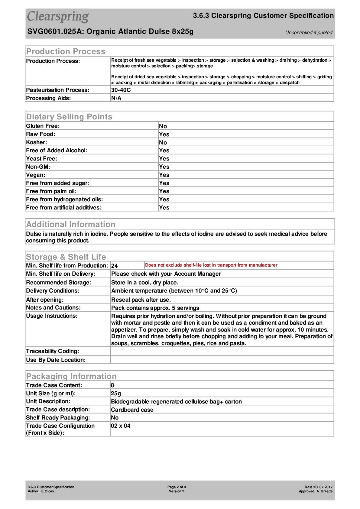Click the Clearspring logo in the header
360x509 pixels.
click(x=58, y=17)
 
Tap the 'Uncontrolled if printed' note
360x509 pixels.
click(x=309, y=33)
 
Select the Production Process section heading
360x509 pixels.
click(x=66, y=51)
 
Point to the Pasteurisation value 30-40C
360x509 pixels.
click(x=121, y=90)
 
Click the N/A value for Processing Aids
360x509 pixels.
click(x=116, y=98)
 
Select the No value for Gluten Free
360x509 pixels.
click(x=163, y=126)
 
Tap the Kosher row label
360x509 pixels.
click(x=37, y=142)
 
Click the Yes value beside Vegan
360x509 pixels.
click(x=164, y=175)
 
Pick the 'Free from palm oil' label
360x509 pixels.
click(x=51, y=191)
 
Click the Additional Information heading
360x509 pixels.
click(x=71, y=224)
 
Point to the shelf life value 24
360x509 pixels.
click(x=115, y=266)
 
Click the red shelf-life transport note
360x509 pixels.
click(x=211, y=265)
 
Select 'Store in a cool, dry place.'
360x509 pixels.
click(x=145, y=283)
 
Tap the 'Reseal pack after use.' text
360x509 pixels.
click(x=141, y=300)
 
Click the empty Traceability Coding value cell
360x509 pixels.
click(x=222, y=351)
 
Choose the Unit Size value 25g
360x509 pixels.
click(x=116, y=394)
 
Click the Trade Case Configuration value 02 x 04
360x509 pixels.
click(x=121, y=426)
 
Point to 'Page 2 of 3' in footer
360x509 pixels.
click(x=177, y=487)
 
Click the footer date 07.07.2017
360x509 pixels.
click(x=323, y=487)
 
